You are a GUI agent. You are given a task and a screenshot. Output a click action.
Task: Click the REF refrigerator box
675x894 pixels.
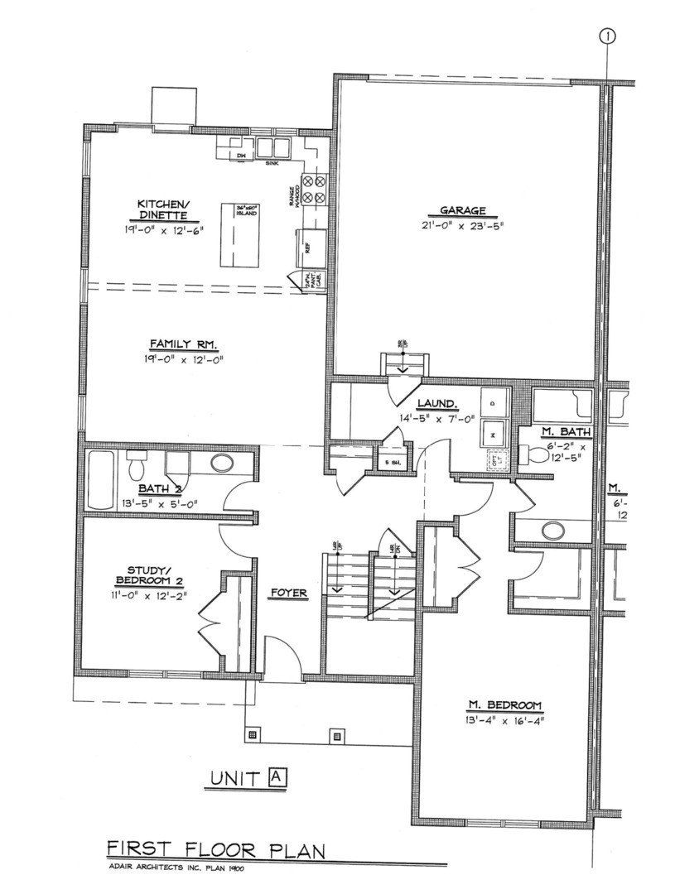point(309,246)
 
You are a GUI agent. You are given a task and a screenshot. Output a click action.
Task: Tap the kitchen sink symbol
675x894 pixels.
point(272,149)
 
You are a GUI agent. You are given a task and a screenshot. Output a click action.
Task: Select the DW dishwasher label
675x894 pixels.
point(242,156)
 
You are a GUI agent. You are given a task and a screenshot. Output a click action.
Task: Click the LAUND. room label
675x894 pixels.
point(438,403)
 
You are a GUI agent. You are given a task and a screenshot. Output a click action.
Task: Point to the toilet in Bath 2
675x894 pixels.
point(136,468)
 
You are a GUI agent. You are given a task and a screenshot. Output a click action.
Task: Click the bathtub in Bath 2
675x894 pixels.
point(99,480)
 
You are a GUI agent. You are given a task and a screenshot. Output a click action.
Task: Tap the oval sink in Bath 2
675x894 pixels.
point(221,463)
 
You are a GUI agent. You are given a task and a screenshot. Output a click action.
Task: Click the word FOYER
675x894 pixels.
point(289,593)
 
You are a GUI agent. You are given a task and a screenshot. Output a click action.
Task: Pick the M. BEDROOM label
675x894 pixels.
point(504,705)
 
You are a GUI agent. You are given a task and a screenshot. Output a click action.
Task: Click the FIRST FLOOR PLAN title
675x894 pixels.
point(215,849)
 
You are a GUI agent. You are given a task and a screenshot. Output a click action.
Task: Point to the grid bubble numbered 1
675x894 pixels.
point(609,36)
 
